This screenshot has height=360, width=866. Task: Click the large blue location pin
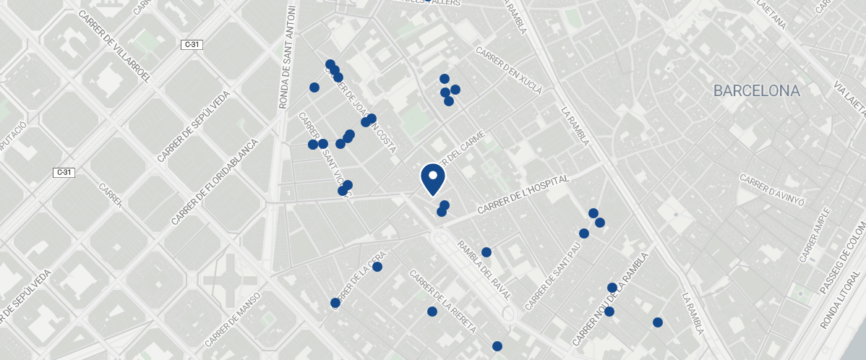click(x=432, y=179)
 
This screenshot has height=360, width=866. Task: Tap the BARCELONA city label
click(x=756, y=91)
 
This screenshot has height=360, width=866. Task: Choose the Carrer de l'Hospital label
click(x=523, y=194)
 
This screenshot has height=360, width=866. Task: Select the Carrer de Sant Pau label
click(x=554, y=276)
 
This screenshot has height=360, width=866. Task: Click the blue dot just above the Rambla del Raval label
click(x=486, y=252)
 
